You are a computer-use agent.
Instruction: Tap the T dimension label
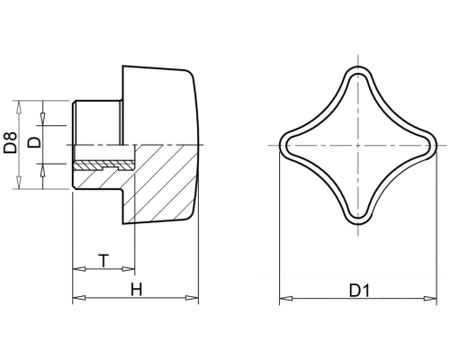pos(103,260)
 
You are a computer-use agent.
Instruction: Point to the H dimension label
pos(136,290)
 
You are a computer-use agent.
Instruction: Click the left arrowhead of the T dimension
pos(79,269)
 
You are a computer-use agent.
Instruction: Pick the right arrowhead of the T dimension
pos(129,269)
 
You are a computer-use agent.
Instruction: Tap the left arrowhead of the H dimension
pos(79,298)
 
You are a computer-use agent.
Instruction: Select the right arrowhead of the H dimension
pos(192,298)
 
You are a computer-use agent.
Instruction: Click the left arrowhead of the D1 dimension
pos(286,298)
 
